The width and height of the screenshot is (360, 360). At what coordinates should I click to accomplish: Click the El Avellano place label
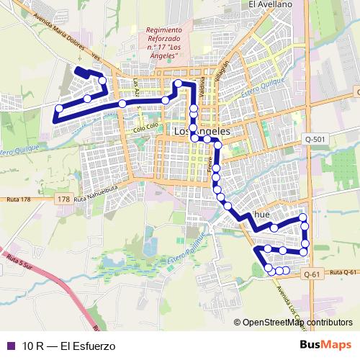[x=271, y=4]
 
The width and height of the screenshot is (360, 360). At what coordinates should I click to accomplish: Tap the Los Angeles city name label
[x=202, y=132]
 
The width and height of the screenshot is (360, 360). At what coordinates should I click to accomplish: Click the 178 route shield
[x=64, y=199]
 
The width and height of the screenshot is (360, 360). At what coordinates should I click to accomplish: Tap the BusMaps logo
[x=327, y=345]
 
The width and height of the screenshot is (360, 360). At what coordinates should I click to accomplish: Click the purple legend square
[x=10, y=346]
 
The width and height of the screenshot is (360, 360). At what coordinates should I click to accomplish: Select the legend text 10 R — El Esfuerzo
[x=68, y=346]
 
